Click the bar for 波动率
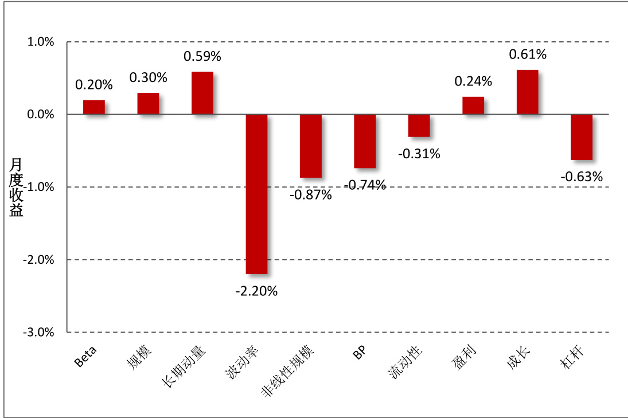click(256, 194)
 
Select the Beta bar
click(94, 107)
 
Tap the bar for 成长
click(527, 92)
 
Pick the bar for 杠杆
click(582, 137)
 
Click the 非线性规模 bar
click(311, 146)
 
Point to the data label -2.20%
click(256, 291)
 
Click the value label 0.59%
click(202, 57)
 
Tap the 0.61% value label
click(528, 54)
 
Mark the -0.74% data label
click(365, 185)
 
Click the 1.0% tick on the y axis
click(42, 42)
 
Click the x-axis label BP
click(360, 353)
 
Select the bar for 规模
click(148, 104)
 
